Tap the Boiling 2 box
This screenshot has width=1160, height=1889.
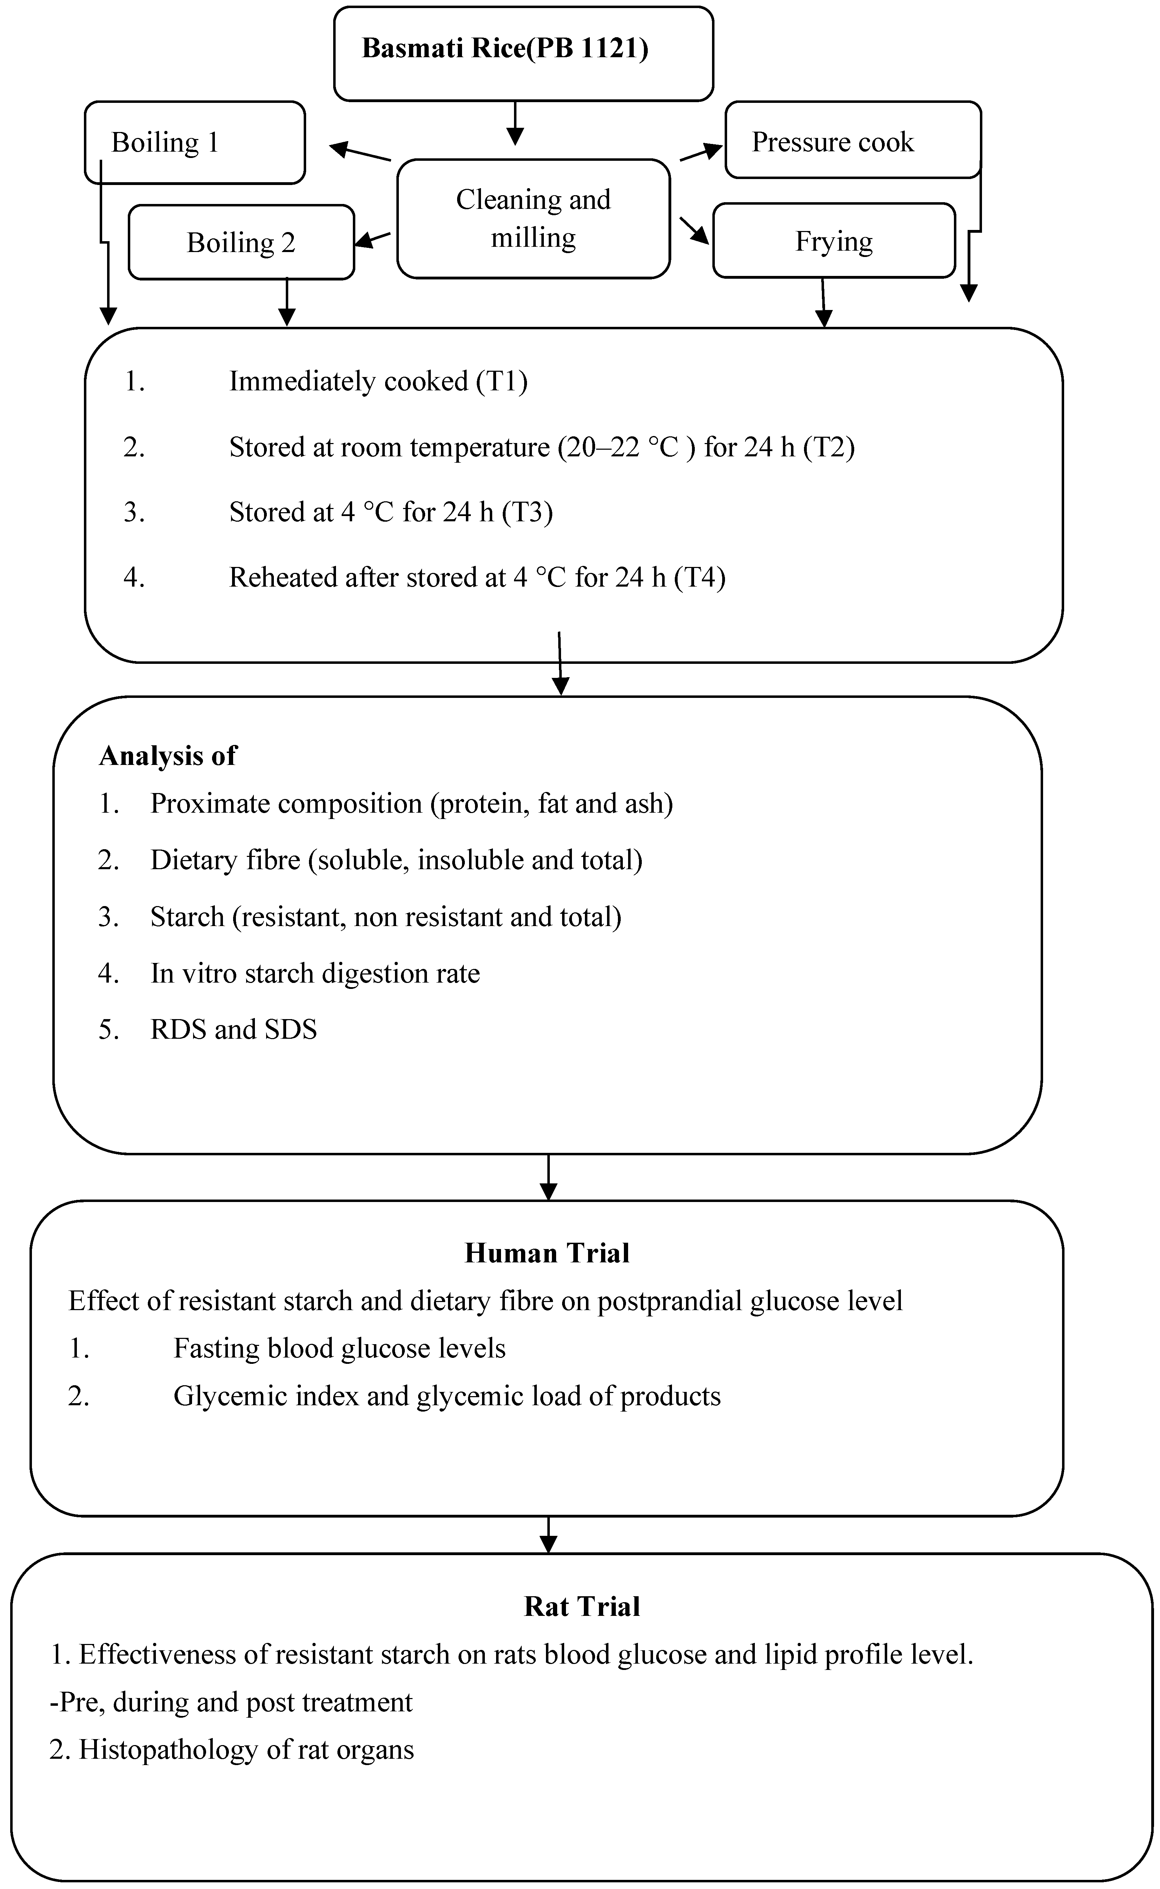(241, 242)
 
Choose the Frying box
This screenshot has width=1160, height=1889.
(834, 241)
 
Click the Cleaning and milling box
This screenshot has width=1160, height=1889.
(533, 219)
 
